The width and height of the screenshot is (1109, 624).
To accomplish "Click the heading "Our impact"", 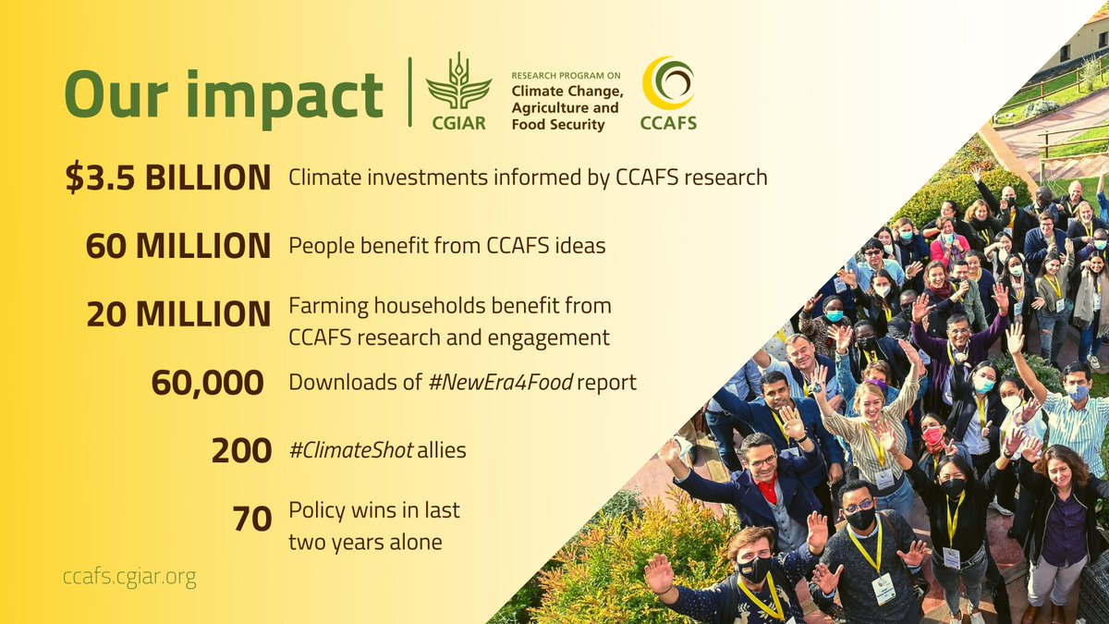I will click(x=223, y=94).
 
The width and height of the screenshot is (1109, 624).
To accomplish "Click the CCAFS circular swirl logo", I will click(x=669, y=82).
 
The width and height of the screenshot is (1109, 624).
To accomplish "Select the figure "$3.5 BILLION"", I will click(x=167, y=177).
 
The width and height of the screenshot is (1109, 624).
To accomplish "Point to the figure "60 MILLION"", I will click(x=177, y=246).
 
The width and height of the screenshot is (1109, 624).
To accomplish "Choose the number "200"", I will click(x=241, y=451).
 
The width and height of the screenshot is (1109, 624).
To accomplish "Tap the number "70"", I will click(x=251, y=520).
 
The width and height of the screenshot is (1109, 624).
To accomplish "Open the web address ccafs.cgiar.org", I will click(x=129, y=579).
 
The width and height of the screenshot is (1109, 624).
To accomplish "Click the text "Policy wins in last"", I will click(x=374, y=510).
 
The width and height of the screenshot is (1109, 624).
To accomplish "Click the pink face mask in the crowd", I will click(x=932, y=434).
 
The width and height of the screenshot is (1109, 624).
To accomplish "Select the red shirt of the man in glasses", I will click(x=767, y=491).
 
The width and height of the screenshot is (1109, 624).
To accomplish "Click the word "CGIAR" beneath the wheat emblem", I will click(x=457, y=123).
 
